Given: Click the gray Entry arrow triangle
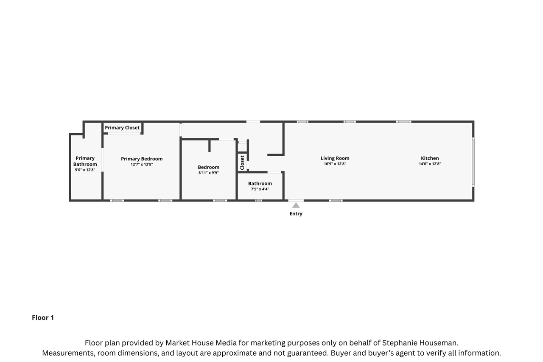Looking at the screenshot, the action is point(296,205).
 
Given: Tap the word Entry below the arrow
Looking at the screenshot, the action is point(296,213).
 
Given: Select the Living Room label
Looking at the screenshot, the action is point(335,158).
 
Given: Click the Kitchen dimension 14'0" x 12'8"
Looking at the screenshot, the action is point(430,164).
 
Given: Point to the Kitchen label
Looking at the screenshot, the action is point(430,158).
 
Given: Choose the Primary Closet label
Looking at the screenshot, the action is point(122,128).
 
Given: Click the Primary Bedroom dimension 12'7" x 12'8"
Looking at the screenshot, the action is point(142,164).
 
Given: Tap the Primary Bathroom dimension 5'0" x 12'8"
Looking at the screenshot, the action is point(85,170).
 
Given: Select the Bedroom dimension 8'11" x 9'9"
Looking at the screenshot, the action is point(208,173).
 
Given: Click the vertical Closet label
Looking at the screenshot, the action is point(242,163).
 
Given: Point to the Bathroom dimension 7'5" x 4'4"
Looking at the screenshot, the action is point(260,189).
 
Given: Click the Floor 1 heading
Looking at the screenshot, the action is point(43,317).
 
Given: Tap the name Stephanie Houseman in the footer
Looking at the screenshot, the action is point(420,343).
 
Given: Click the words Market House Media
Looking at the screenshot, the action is point(201,343).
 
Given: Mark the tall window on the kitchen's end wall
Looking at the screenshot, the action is point(473,162).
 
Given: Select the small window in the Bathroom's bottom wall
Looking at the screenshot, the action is point(259,200).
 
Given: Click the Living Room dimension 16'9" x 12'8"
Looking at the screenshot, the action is point(335,164).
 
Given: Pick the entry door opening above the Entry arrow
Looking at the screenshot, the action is point(296,200).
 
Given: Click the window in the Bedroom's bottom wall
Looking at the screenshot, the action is point(220,200).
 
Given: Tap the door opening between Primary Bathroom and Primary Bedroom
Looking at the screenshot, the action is point(102,160).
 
